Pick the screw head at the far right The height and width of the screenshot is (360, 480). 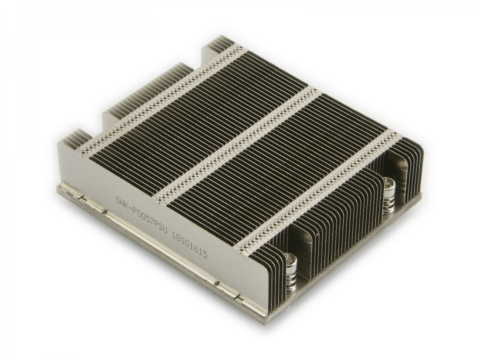click(x=388, y=184)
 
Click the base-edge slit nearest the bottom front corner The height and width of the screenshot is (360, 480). click(x=238, y=297)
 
